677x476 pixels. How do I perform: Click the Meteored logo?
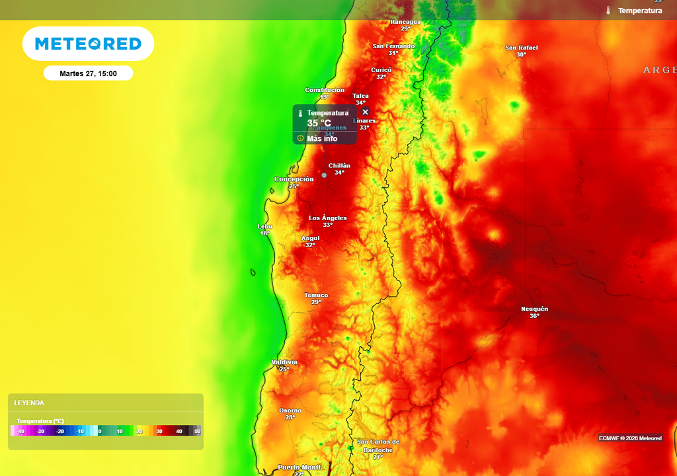coord(88,44)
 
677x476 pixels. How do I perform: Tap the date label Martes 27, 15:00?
coord(88,73)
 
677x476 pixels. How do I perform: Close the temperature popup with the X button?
coord(365,112)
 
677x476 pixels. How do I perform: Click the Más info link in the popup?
coord(321,138)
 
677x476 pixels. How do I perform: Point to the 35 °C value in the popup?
coord(319,123)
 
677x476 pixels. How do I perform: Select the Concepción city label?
coord(294,179)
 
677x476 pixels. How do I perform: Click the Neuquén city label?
coord(534,309)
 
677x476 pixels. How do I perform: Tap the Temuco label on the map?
coord(316,295)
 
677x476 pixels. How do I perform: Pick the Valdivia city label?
coord(284,362)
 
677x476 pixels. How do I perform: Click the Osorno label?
coord(290,411)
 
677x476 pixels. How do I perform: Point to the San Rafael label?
coord(522,48)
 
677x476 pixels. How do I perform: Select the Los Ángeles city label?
coord(328,218)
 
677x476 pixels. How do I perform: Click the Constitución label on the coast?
coord(325,90)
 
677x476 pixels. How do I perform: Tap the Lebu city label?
coord(264,226)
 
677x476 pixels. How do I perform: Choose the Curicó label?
coord(381,69)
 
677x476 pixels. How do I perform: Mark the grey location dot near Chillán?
coord(324,175)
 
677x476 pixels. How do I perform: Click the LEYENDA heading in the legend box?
coord(30,403)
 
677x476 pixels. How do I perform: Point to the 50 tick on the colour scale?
coord(197,431)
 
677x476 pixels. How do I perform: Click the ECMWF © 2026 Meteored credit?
coord(630,438)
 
